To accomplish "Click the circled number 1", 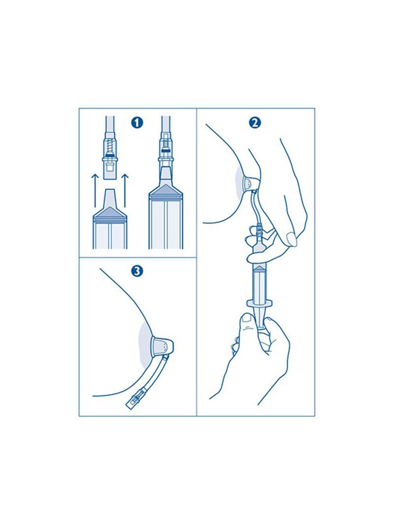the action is [x=137, y=123].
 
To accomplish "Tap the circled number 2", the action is [x=255, y=123].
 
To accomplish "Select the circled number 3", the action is [x=137, y=270].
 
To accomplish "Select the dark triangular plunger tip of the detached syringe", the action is [x=110, y=212].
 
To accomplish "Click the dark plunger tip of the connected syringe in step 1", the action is [x=166, y=189].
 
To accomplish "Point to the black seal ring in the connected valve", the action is [x=165, y=151].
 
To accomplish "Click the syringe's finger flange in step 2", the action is [x=260, y=303].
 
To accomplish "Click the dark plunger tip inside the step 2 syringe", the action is [x=260, y=269].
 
